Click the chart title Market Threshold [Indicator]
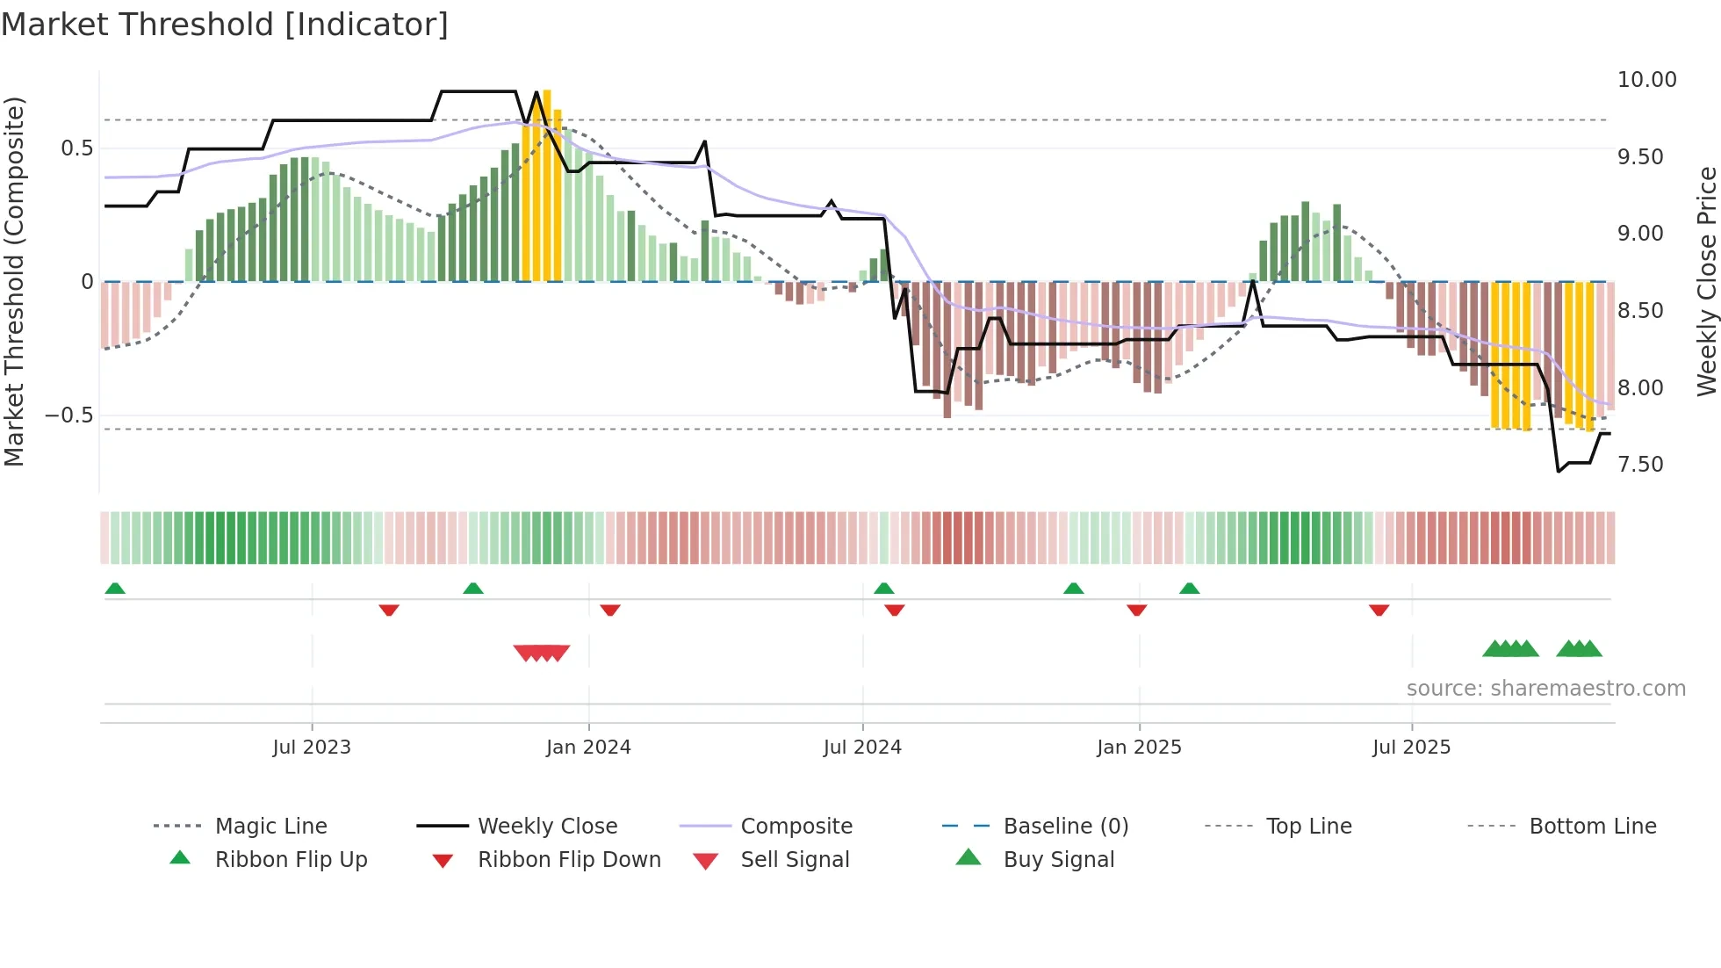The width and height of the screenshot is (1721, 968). point(225,25)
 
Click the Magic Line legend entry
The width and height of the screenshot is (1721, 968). point(270,826)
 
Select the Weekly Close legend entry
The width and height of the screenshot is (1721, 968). point(547,826)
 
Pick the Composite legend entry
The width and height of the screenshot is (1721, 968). point(796,826)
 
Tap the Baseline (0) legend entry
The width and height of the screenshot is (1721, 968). point(1065,826)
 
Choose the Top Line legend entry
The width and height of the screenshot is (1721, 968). point(1308,826)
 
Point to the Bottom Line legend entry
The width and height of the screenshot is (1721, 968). point(1592,826)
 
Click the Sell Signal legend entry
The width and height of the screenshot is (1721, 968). point(794,859)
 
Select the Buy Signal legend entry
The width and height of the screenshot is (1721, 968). point(1058,859)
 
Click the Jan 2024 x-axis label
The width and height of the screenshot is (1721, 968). point(588,748)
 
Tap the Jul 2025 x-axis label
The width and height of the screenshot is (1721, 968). point(1411,748)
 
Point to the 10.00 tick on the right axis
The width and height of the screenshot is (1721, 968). point(1646,80)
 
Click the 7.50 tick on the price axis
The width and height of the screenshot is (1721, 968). point(1639,465)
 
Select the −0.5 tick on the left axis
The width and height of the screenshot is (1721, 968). point(68,415)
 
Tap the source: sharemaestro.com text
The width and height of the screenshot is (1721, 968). point(1545,689)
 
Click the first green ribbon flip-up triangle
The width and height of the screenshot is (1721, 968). point(115,589)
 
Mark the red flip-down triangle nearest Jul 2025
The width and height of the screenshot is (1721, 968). point(1379,610)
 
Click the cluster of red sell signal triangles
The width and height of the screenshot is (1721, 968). point(542,653)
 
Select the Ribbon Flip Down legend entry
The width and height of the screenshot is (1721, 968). point(568,859)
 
